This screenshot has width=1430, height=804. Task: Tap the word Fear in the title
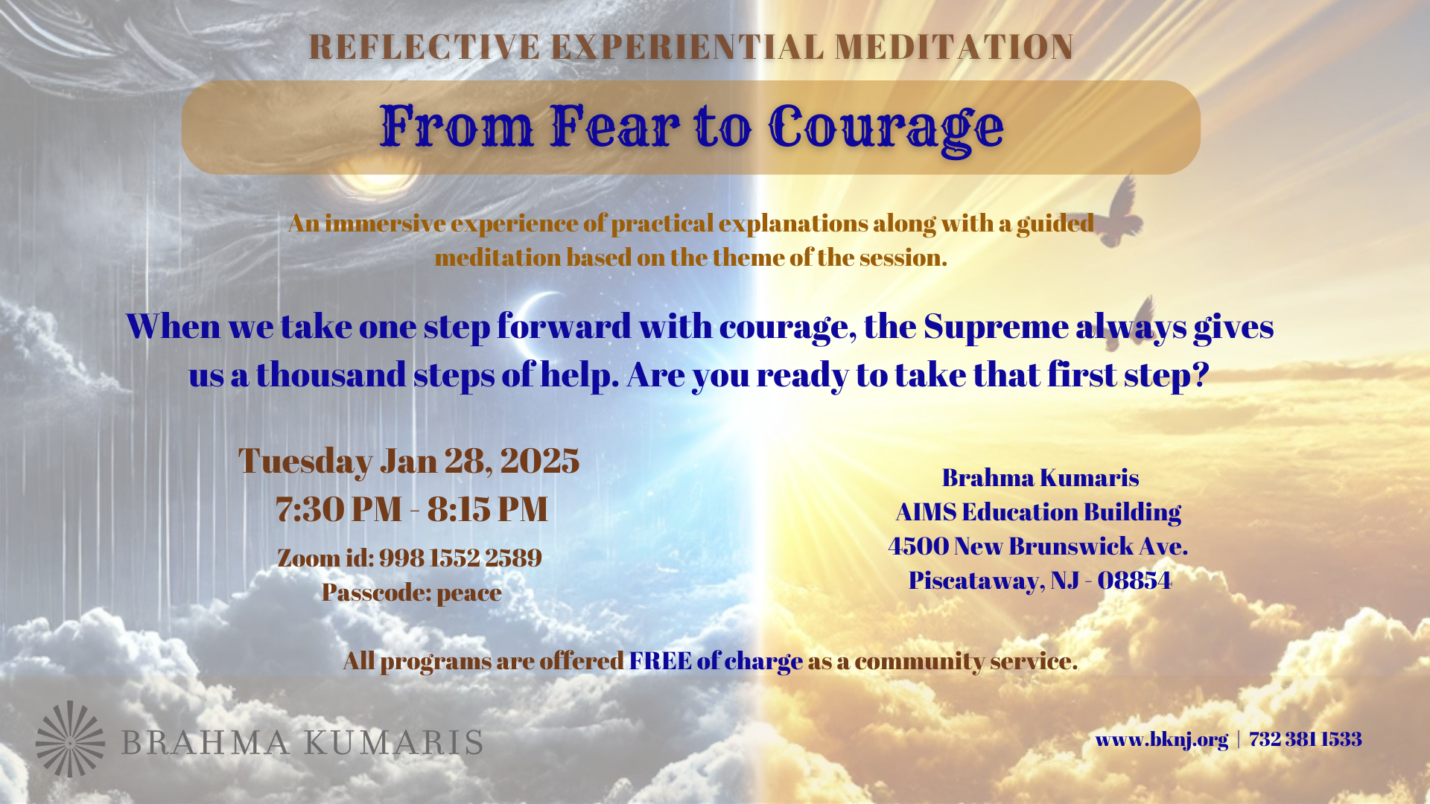pyautogui.click(x=615, y=126)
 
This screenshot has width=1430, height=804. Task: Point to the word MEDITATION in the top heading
pyautogui.click(x=955, y=47)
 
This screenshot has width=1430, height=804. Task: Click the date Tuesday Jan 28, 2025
pyautogui.click(x=409, y=461)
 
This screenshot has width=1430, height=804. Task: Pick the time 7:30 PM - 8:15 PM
pyautogui.click(x=412, y=509)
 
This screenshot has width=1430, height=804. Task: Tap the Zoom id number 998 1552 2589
pyautogui.click(x=460, y=558)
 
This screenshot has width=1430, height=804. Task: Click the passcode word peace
pyautogui.click(x=469, y=593)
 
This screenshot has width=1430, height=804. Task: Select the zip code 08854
pyautogui.click(x=1134, y=580)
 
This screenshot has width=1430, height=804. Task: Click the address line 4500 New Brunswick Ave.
pyautogui.click(x=1038, y=546)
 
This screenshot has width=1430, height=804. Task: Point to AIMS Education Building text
pyautogui.click(x=1038, y=511)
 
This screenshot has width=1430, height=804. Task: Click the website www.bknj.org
pyautogui.click(x=1161, y=739)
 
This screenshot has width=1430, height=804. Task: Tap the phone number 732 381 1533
pyautogui.click(x=1306, y=738)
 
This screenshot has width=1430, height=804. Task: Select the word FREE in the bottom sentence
pyautogui.click(x=660, y=660)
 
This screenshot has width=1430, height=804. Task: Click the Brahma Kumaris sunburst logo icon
pyautogui.click(x=70, y=739)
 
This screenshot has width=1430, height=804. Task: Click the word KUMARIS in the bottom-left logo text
pyautogui.click(x=393, y=743)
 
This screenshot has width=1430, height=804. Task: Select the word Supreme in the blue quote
pyautogui.click(x=996, y=327)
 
